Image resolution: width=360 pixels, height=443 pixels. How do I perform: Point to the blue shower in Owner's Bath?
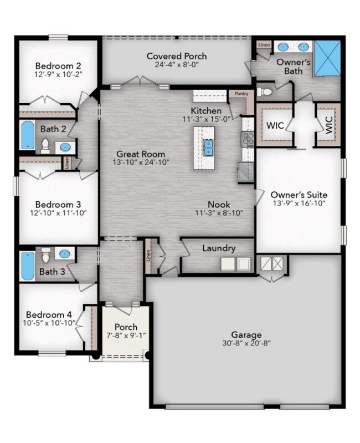pyautogui.click(x=327, y=57)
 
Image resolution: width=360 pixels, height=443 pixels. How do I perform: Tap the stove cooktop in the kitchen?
pyautogui.click(x=247, y=138)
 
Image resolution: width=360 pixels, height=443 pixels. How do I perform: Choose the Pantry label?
pyautogui.click(x=241, y=94)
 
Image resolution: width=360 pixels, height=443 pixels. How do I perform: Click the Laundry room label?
pyautogui.click(x=219, y=248)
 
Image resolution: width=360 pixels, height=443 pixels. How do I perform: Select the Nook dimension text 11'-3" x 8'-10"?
pyautogui.click(x=220, y=212)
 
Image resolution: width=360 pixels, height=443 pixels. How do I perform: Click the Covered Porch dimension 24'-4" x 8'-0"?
pyautogui.click(x=177, y=65)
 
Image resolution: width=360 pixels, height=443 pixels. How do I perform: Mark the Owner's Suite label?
pyautogui.click(x=299, y=195)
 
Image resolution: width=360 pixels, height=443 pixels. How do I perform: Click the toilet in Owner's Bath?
pyautogui.click(x=265, y=92)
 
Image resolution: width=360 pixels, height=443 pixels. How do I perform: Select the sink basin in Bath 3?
pyautogui.click(x=64, y=254)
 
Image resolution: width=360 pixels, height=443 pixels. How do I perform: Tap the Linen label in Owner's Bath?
pyautogui.click(x=264, y=43)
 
